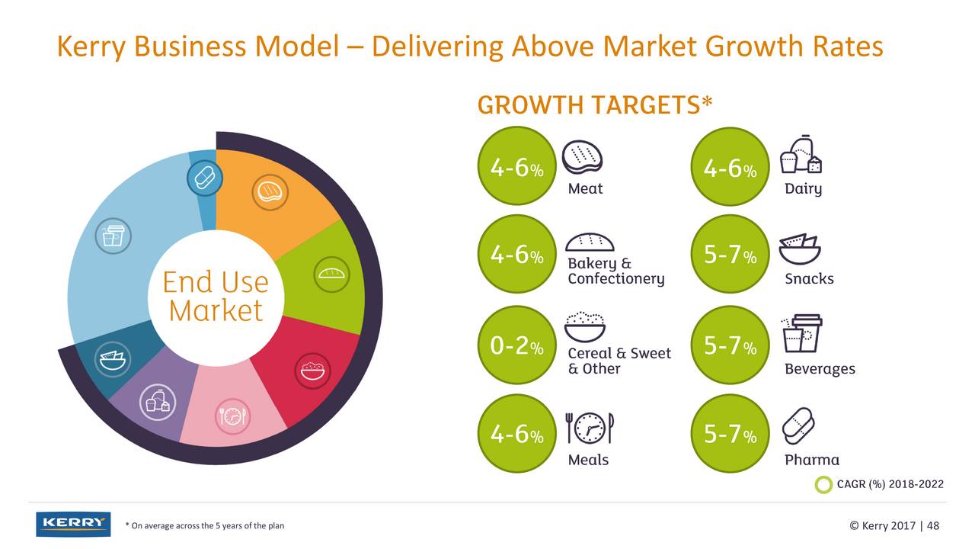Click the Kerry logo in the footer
click(x=73, y=524)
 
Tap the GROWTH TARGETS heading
click(x=595, y=104)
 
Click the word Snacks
click(x=809, y=278)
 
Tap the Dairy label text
click(x=803, y=189)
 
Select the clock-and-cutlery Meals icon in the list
click(x=590, y=429)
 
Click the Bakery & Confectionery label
click(x=615, y=271)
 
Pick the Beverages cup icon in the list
click(x=801, y=334)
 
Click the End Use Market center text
click(x=216, y=297)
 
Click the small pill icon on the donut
click(x=204, y=179)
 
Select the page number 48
click(x=933, y=525)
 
